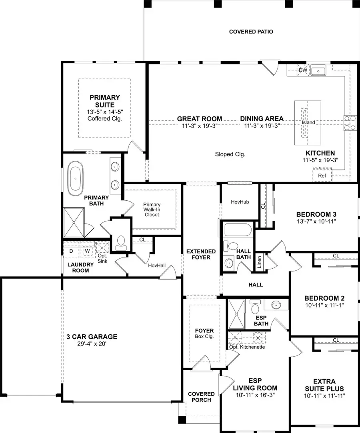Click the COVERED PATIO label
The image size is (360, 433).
click(x=251, y=32)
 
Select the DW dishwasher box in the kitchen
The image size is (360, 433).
click(x=303, y=71)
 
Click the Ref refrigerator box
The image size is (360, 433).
click(x=322, y=176)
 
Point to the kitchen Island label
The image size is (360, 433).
click(x=308, y=122)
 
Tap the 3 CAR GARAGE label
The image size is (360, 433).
click(x=92, y=337)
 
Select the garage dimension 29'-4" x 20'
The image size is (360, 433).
click(x=92, y=344)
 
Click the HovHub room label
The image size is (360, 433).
click(x=240, y=202)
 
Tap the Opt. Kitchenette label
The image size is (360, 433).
click(x=247, y=347)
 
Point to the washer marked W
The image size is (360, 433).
click(x=87, y=251)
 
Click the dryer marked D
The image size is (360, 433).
click(x=71, y=251)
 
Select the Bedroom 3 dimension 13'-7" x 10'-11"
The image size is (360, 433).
click(x=313, y=221)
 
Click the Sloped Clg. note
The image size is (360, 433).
click(x=230, y=154)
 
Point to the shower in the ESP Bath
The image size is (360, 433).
click(x=236, y=313)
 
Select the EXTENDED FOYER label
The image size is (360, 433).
click(x=201, y=254)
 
